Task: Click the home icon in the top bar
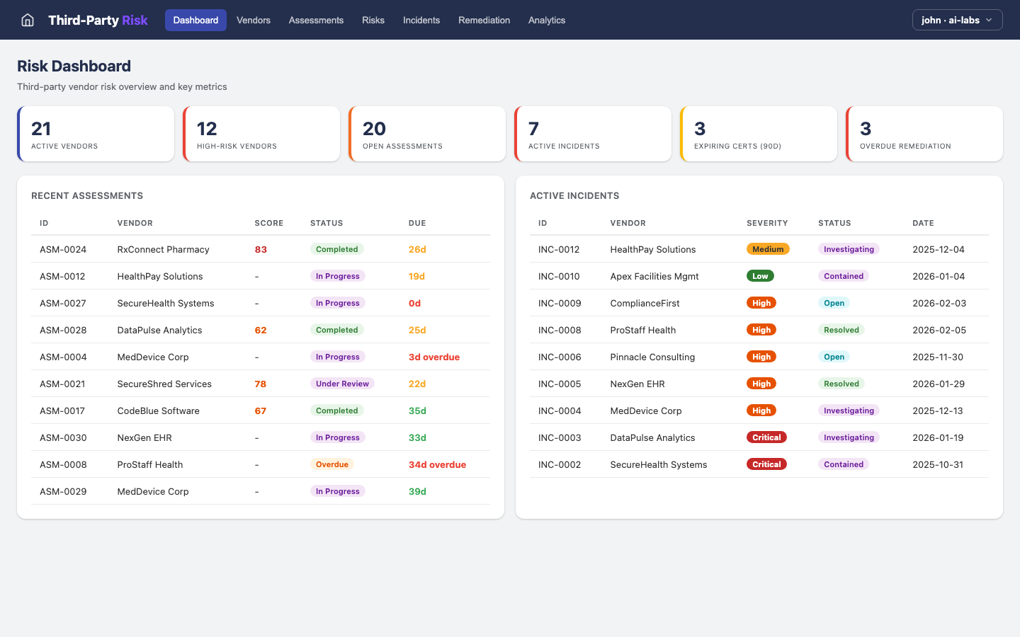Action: (x=28, y=20)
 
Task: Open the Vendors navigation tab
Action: (x=254, y=20)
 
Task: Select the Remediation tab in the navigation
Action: (x=484, y=20)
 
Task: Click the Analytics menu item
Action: (x=546, y=20)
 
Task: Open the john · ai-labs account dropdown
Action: (x=957, y=20)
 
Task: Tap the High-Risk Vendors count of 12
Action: (x=207, y=129)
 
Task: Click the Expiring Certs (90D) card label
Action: (x=737, y=147)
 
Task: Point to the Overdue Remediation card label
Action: (x=905, y=147)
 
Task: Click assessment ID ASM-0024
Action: (x=63, y=249)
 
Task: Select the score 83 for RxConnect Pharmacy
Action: (x=261, y=249)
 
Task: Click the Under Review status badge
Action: (x=342, y=384)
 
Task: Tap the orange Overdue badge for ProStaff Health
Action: (x=332, y=464)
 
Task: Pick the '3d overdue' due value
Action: (x=434, y=357)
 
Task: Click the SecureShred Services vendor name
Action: (x=164, y=384)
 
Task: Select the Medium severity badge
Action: (x=768, y=249)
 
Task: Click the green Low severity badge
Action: (x=760, y=276)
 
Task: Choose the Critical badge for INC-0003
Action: (x=766, y=437)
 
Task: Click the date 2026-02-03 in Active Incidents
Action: (x=938, y=303)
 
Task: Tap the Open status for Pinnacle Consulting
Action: (x=834, y=357)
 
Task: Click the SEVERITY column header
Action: (x=767, y=223)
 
